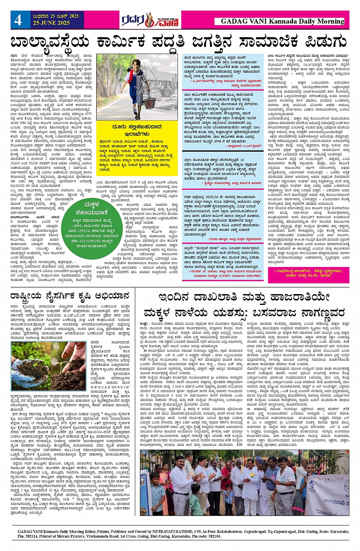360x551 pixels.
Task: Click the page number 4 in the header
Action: coord(18,19)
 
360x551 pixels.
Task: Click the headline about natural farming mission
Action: coord(70,296)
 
